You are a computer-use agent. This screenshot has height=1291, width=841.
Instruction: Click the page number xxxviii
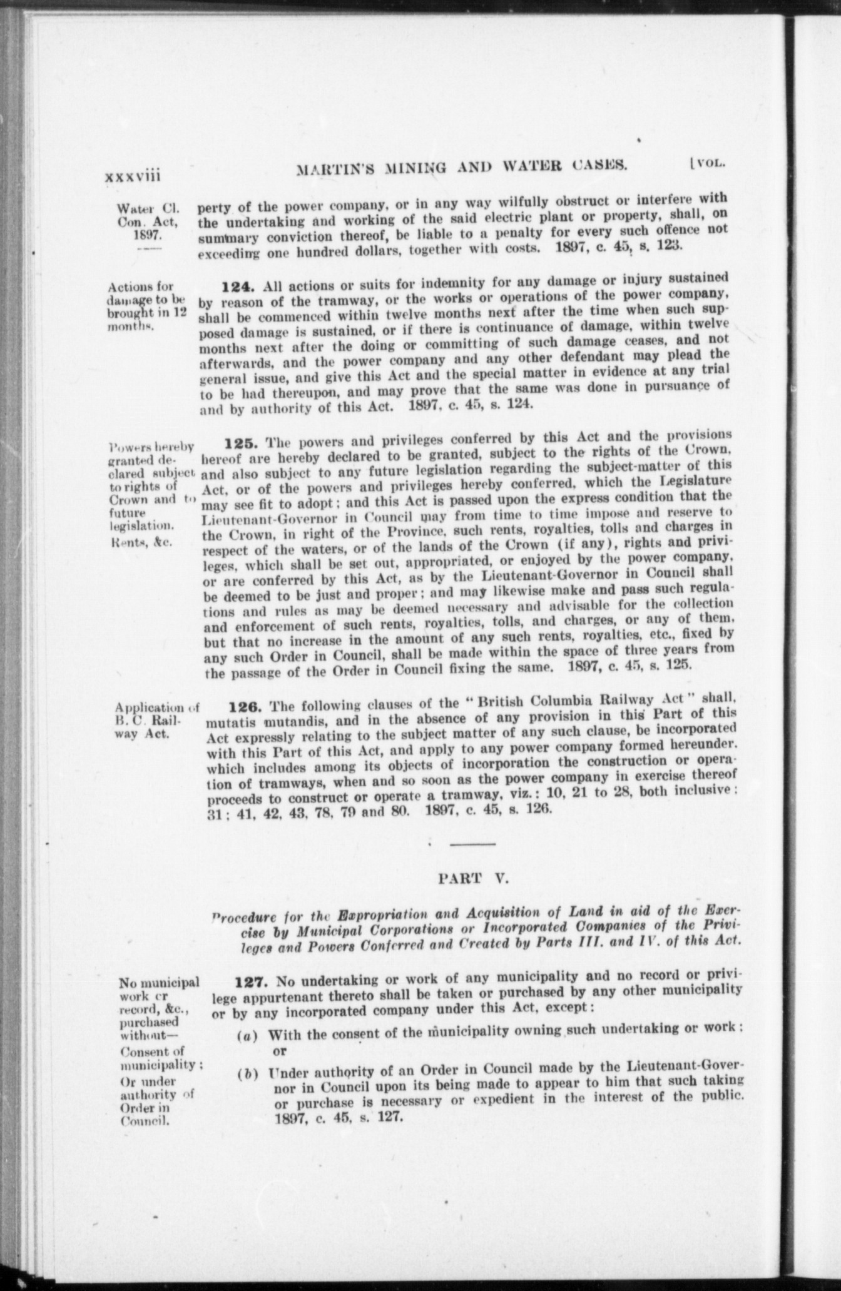coord(132,176)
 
